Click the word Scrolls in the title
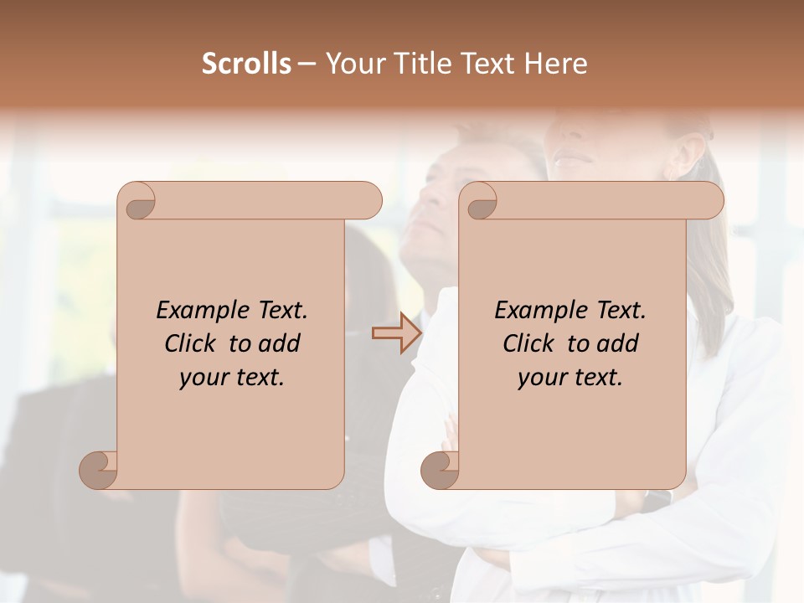246,64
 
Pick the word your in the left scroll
204,378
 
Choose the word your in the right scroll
542,378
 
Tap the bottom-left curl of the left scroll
99,470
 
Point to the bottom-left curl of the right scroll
441,470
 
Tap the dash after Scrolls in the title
307,64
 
